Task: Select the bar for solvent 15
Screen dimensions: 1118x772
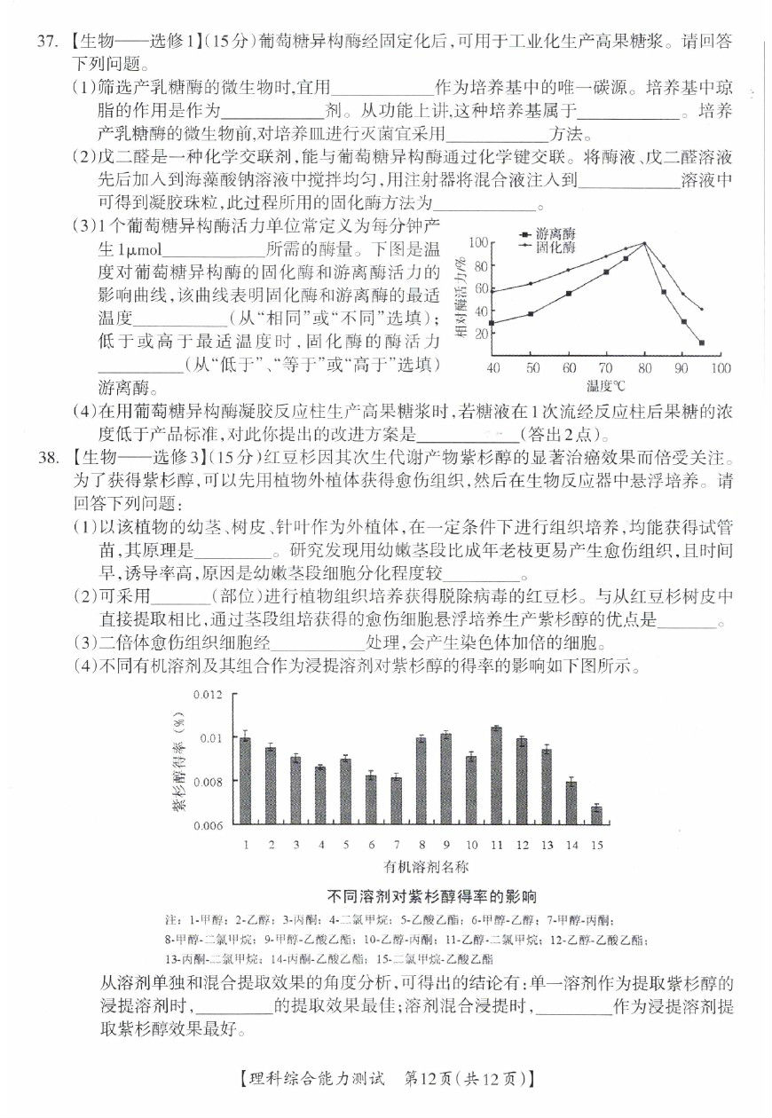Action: [x=596, y=815]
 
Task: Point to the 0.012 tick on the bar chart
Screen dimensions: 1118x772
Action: [x=207, y=694]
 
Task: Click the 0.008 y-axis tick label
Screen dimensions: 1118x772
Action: [x=207, y=782]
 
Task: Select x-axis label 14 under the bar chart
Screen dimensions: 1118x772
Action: [x=571, y=844]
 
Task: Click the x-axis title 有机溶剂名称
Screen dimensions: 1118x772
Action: [x=426, y=865]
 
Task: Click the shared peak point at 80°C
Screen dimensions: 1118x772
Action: [x=644, y=243]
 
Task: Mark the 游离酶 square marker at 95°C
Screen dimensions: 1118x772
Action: [x=701, y=342]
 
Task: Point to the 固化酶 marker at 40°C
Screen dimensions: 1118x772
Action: [x=492, y=291]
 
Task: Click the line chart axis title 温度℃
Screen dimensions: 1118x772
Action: [x=605, y=386]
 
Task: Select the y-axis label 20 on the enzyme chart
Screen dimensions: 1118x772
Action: [x=483, y=334]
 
